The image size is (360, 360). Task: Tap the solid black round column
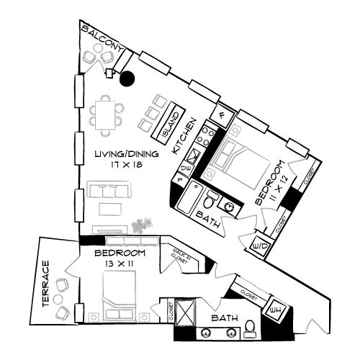(x=127, y=79)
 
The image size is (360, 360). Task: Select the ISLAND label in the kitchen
(x=172, y=123)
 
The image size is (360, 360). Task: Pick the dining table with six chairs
(x=105, y=115)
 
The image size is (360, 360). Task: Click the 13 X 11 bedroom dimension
(x=119, y=265)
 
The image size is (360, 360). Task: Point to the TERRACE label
(x=45, y=284)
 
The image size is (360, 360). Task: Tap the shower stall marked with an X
(x=184, y=312)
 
